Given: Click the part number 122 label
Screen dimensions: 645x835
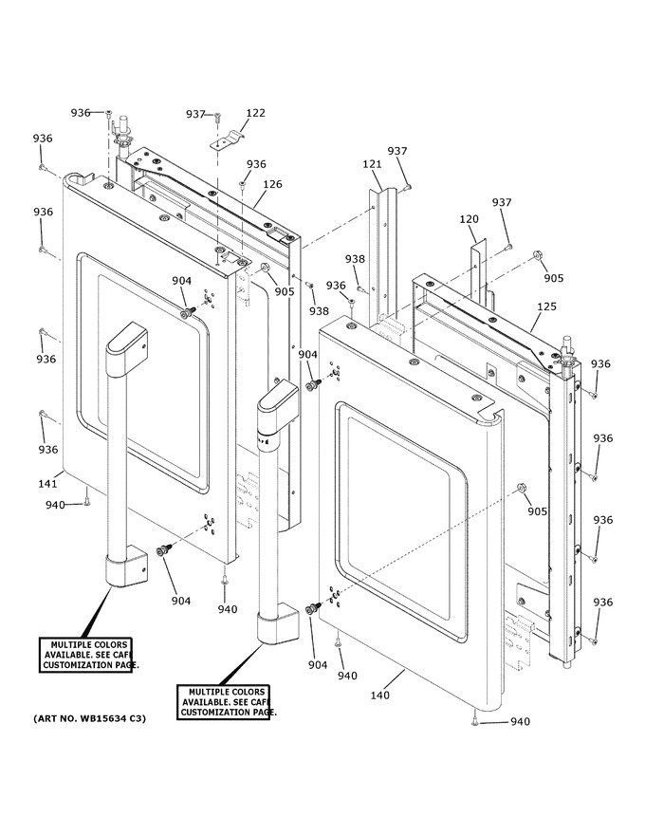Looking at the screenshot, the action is [x=255, y=113].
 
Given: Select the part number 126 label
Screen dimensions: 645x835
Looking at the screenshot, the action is [x=272, y=184].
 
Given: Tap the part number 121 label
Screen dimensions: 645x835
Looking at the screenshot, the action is [x=373, y=164].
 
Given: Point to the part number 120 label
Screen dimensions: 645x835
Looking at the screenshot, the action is [x=469, y=219].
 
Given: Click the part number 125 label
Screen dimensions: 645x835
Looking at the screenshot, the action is [x=546, y=306].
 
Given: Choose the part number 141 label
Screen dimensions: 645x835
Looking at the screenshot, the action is [x=47, y=484].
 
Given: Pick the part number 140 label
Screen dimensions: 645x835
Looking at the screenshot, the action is [x=380, y=695].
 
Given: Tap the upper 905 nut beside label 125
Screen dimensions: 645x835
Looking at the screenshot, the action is [x=537, y=257].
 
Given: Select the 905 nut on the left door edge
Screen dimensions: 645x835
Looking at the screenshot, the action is [x=264, y=267].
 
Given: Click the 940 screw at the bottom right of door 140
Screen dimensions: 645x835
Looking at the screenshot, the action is [x=473, y=721].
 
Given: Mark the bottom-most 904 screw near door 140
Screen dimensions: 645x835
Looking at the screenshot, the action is [x=313, y=608].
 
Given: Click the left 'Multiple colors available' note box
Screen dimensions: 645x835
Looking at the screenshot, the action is [x=85, y=655].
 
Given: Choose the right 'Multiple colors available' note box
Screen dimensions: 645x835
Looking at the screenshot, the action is [x=224, y=702].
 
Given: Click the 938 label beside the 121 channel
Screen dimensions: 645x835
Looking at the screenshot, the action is [x=355, y=259].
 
